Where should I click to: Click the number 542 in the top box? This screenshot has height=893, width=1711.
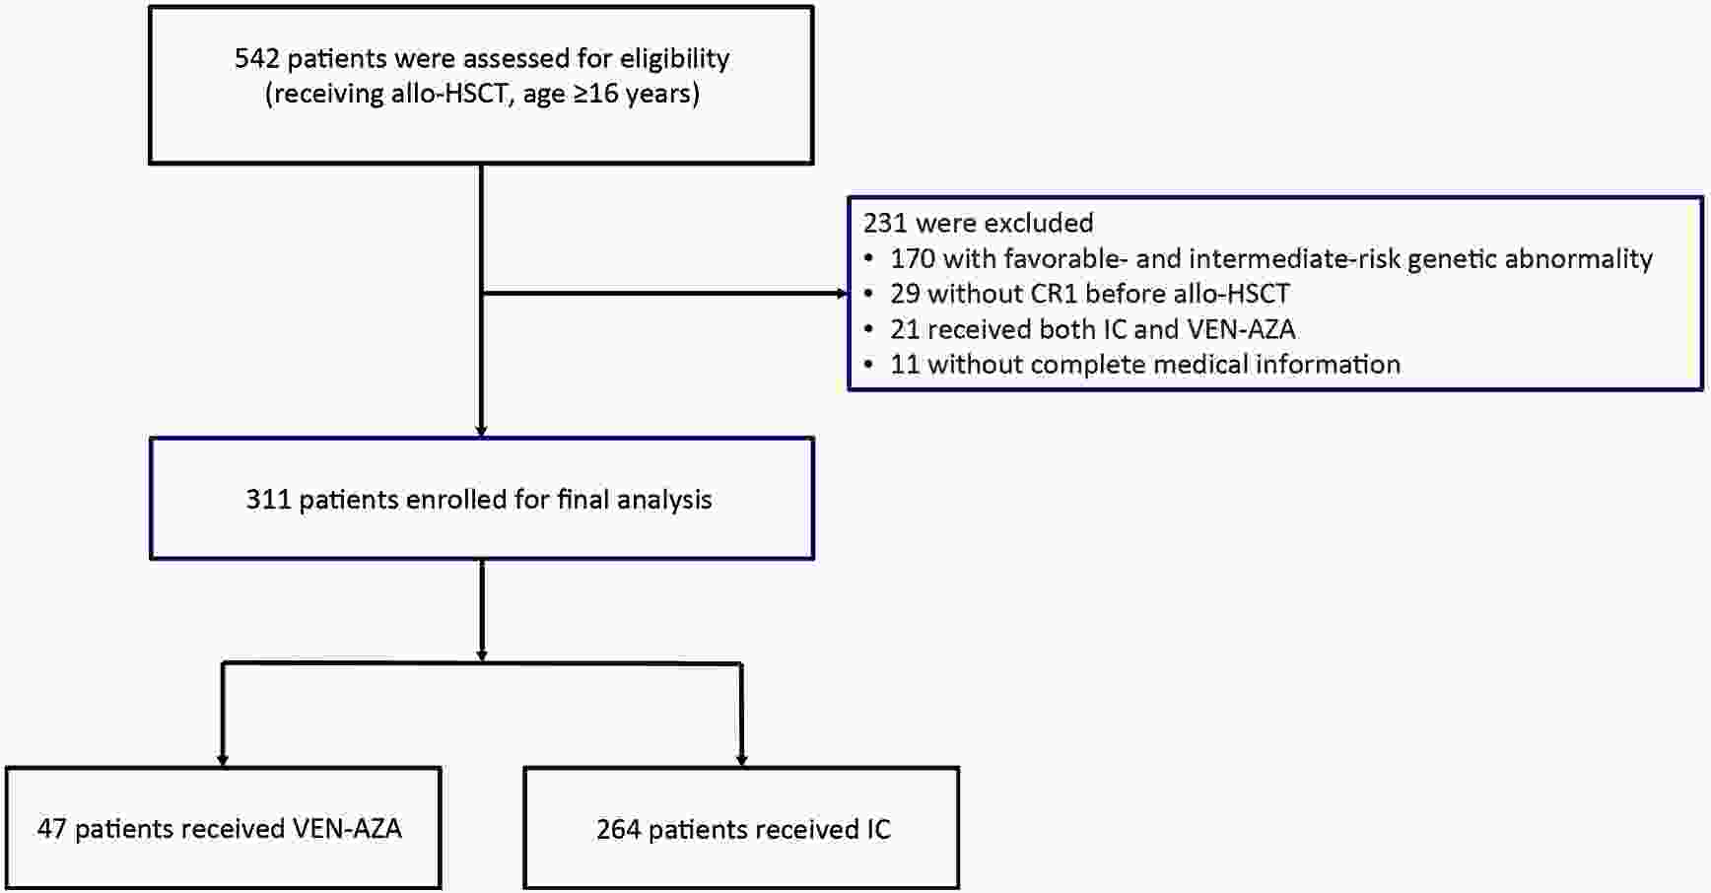click(x=257, y=58)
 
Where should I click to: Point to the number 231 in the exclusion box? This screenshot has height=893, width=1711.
click(x=885, y=223)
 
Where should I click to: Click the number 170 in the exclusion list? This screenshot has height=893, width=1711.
click(x=913, y=258)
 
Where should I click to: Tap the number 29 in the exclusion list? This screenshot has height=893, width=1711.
click(x=905, y=294)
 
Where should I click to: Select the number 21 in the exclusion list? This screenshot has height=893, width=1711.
click(x=905, y=329)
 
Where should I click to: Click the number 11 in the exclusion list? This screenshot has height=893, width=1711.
click(x=905, y=365)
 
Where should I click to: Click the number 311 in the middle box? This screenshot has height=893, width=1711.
click(x=268, y=500)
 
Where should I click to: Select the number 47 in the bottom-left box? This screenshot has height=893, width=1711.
click(x=51, y=829)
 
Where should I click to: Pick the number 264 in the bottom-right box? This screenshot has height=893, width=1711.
click(x=619, y=830)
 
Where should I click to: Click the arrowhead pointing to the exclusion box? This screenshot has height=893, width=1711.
click(x=842, y=294)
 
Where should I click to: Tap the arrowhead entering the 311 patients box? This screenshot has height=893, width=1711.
click(x=481, y=431)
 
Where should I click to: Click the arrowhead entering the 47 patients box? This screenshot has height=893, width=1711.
click(x=223, y=760)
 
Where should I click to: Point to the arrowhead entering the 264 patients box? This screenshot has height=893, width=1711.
click(x=741, y=760)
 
